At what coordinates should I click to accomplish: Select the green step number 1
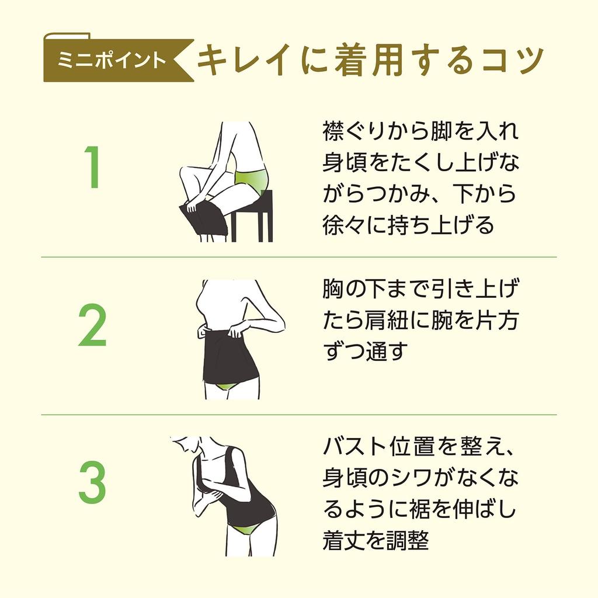[x=93, y=167]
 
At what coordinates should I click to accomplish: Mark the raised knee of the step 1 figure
[x=184, y=172]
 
